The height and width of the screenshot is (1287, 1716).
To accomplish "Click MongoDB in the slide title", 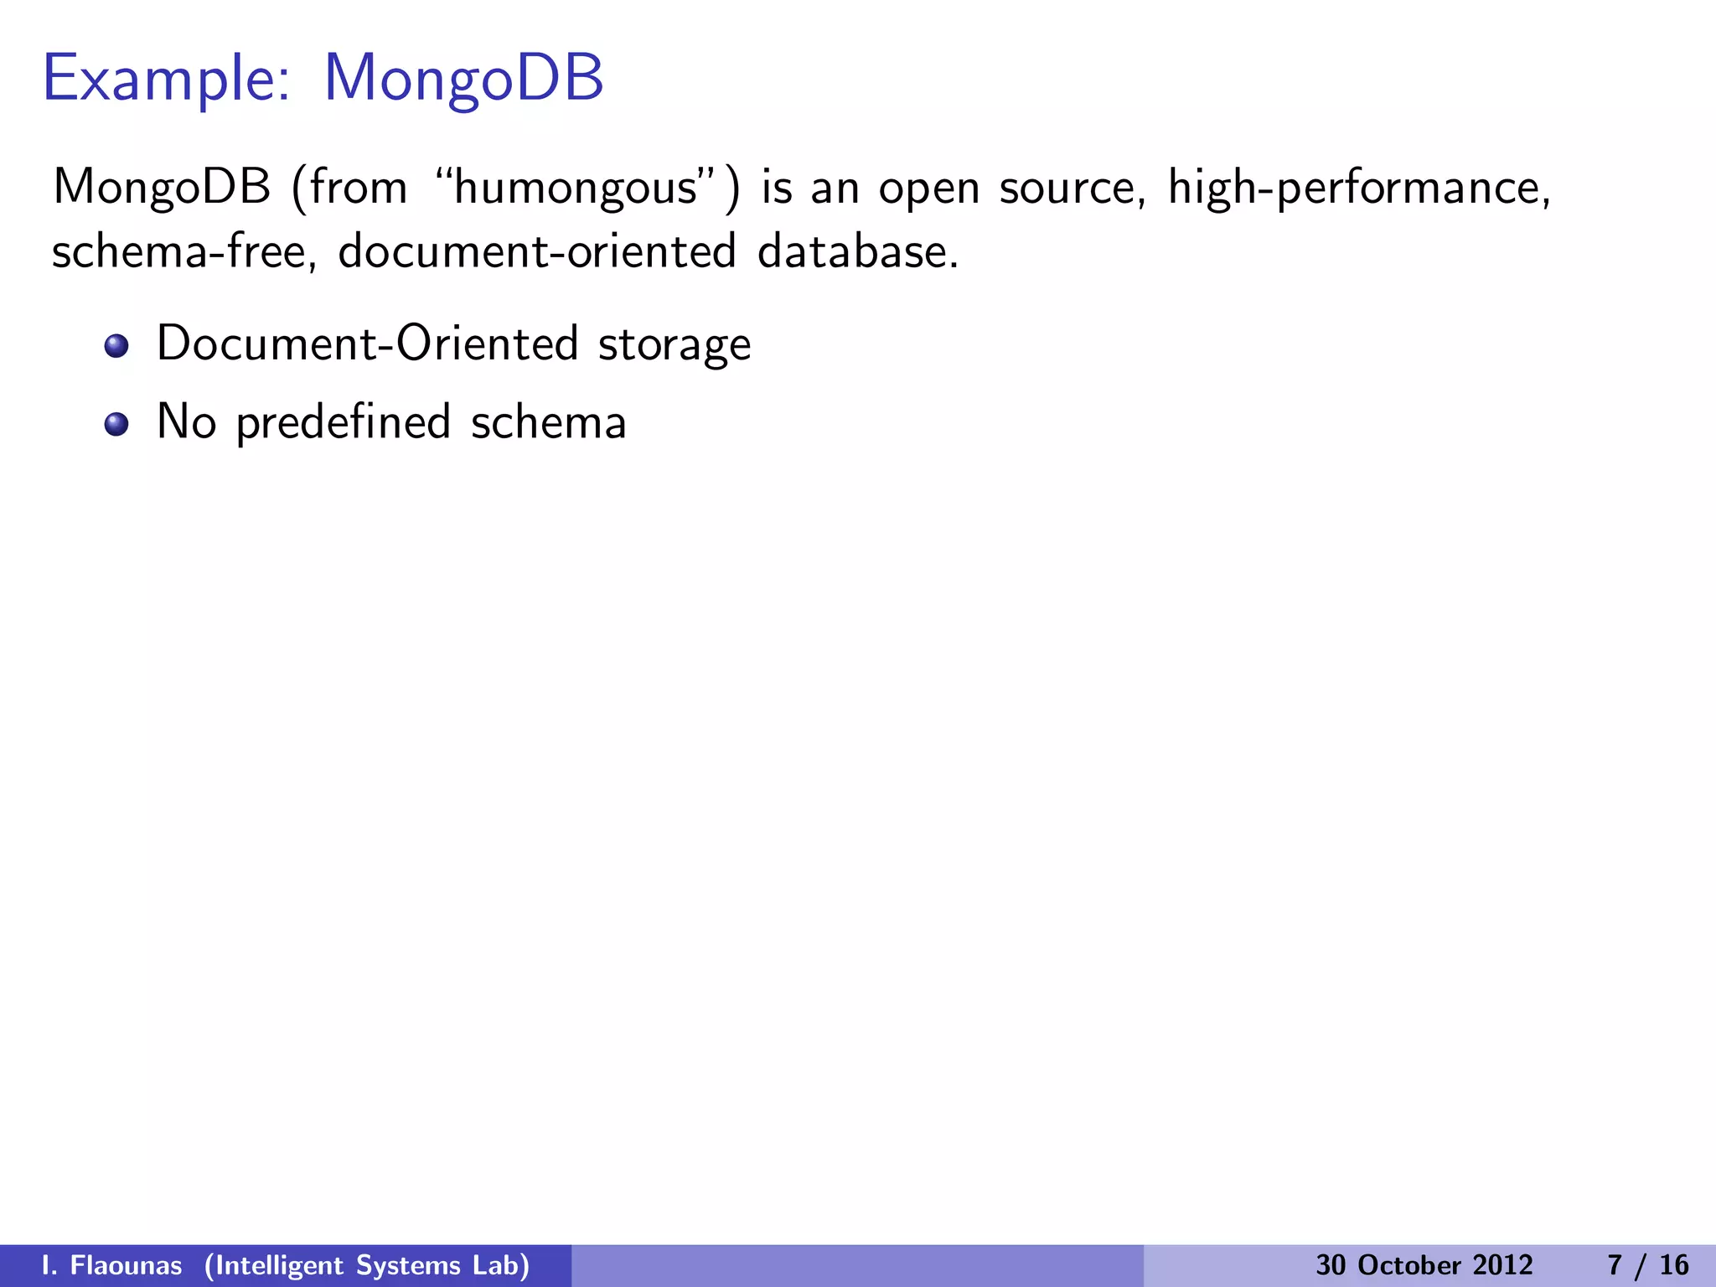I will coord(463,79).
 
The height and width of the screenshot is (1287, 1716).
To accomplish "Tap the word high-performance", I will coord(1358,187).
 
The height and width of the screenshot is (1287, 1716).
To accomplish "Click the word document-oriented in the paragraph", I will coord(537,251).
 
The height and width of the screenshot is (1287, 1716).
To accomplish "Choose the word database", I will coord(857,251).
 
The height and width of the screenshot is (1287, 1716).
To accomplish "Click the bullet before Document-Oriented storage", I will coord(116,346).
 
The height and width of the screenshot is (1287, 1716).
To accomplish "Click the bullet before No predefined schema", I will coord(116,424).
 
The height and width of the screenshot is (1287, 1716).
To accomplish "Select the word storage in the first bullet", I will coord(675,344).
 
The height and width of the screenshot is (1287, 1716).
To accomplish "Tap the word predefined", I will coord(344,422).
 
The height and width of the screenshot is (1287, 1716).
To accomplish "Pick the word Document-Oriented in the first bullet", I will coord(367,344).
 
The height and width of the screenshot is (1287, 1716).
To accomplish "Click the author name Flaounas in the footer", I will coord(126,1265).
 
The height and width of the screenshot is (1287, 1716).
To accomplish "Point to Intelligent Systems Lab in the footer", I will coord(367,1265).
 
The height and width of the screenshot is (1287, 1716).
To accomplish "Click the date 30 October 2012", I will coord(1424,1265).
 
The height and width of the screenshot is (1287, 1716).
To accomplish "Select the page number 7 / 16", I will coord(1648,1265).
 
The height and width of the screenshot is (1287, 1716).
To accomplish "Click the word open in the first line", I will coord(928,189).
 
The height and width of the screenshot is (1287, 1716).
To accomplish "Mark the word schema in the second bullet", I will coord(549,422).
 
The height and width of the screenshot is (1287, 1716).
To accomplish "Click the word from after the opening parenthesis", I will coord(358,187).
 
